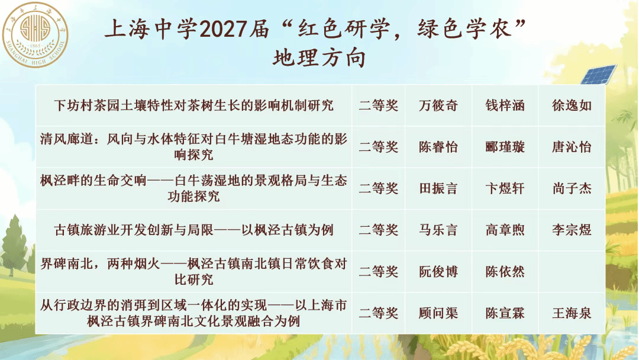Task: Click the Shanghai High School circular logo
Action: [35, 35]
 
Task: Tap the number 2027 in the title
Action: [223, 29]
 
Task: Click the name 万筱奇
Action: [438, 105]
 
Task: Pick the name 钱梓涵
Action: [505, 105]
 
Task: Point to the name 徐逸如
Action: [572, 105]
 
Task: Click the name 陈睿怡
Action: [438, 147]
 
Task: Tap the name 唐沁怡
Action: [572, 147]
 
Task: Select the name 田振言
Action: [438, 188]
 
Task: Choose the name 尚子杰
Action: [572, 188]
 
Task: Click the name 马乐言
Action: [438, 230]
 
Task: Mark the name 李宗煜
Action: [572, 230]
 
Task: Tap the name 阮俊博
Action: [438, 272]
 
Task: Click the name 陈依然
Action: [505, 272]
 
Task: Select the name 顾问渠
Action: [438, 313]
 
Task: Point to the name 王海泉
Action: [572, 313]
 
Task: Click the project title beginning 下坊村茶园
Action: [193, 105]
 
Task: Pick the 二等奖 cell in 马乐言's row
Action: [378, 230]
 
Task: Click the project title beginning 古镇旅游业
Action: [193, 230]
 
